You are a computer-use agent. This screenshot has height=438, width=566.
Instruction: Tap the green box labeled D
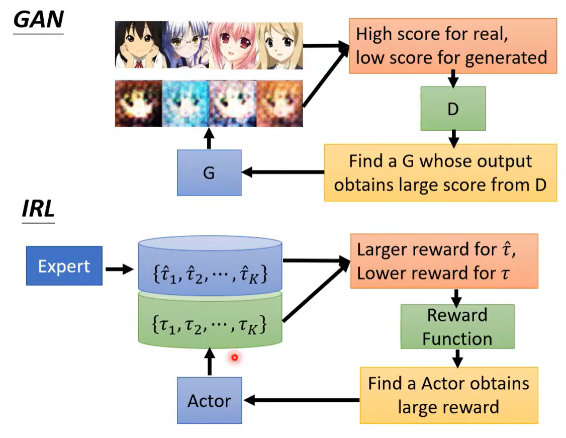pos(453,109)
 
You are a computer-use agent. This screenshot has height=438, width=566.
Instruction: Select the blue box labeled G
pos(209,173)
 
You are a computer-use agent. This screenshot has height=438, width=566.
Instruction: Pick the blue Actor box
pos(209,400)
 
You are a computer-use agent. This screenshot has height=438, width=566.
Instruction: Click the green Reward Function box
pos(457,326)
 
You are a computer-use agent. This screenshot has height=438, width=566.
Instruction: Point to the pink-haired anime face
pos(232,45)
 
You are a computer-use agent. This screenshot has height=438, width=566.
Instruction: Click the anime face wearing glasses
pos(185,45)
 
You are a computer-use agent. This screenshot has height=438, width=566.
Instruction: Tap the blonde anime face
pos(279,45)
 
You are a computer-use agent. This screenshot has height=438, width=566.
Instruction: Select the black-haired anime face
pos(138,45)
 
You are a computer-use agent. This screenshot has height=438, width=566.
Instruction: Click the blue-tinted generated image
pos(185,104)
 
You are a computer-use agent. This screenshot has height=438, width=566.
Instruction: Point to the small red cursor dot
pos(234,358)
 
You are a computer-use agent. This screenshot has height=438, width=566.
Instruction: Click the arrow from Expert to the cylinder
pos(119,269)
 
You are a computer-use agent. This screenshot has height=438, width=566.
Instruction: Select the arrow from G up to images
pos(209,138)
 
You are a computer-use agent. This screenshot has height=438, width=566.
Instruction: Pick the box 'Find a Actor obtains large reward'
pos(448,395)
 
